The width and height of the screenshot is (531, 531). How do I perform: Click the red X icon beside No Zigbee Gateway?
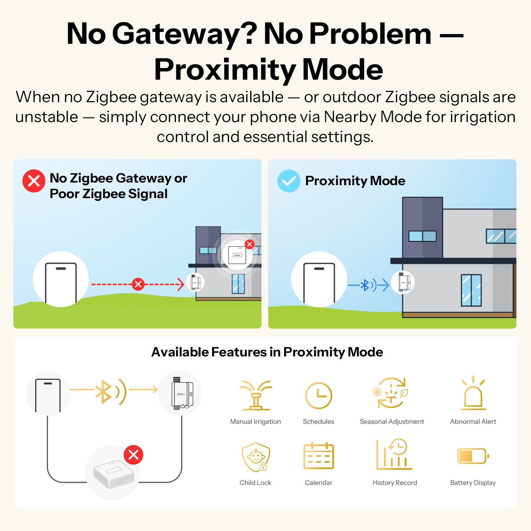[34, 181]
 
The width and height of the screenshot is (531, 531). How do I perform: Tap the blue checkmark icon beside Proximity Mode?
[289, 181]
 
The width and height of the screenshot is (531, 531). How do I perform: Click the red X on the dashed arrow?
[138, 284]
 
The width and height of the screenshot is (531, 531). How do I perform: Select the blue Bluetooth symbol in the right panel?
[365, 285]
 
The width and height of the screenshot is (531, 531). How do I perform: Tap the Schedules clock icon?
[318, 395]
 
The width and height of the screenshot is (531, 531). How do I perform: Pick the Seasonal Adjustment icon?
[391, 393]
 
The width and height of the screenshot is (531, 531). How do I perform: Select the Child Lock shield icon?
[256, 457]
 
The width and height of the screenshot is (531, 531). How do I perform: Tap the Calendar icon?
[319, 456]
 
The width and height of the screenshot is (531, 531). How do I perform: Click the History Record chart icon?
[394, 455]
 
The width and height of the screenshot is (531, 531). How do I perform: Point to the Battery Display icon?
[473, 456]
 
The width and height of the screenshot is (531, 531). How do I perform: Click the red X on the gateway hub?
[133, 455]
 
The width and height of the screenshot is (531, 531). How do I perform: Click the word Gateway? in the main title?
[185, 34]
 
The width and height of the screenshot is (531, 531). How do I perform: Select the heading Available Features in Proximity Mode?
[267, 352]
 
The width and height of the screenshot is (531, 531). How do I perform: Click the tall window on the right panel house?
[471, 290]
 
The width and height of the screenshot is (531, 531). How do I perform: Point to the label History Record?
[395, 483]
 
